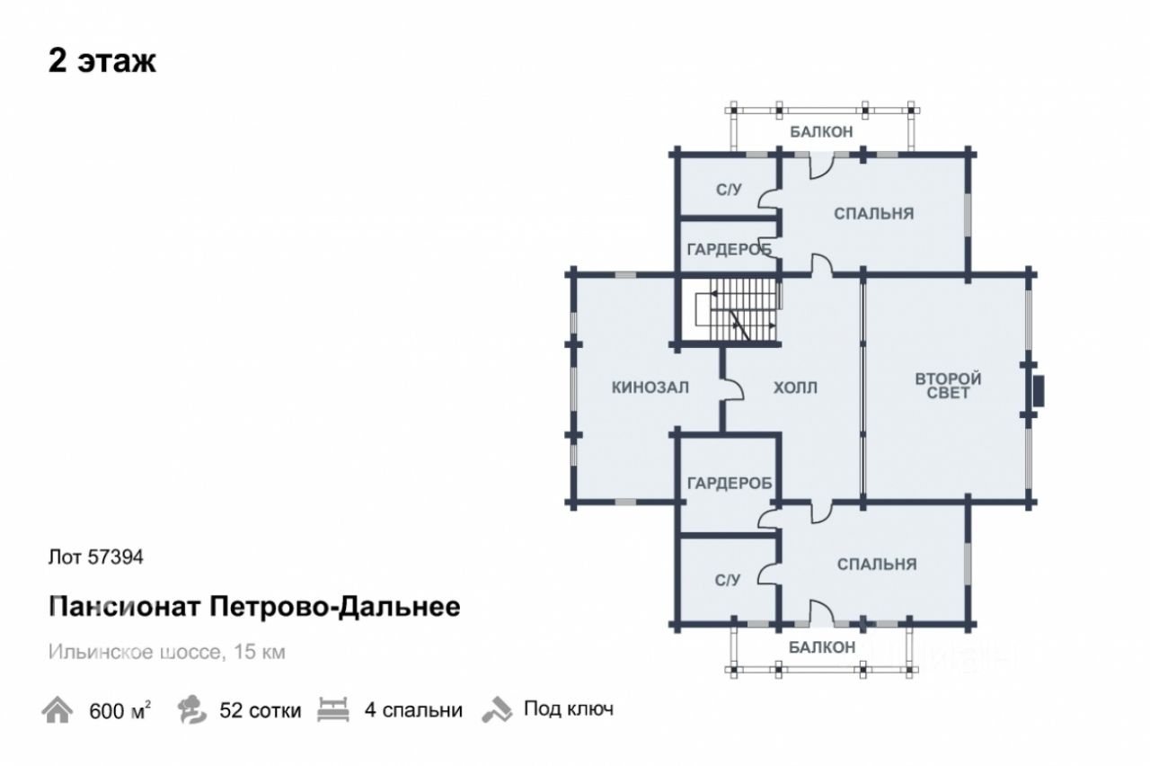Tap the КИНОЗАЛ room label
tap(650, 387)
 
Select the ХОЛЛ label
tap(795, 388)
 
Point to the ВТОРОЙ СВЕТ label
tap(948, 386)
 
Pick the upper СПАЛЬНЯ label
tap(873, 214)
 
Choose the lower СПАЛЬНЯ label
tap(876, 564)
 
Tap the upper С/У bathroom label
tap(729, 190)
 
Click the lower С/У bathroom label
tap(728, 581)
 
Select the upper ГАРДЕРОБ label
tap(729, 249)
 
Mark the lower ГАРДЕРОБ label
tap(730, 484)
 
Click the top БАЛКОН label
tap(821, 132)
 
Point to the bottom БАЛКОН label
tap(822, 646)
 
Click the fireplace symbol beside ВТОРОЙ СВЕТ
tap(1039, 390)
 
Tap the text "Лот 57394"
tap(95, 557)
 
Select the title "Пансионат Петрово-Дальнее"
tap(254, 607)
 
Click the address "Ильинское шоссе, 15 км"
tap(167, 652)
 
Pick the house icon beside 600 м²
tap(57, 710)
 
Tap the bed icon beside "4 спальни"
tap(334, 709)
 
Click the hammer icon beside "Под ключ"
tap(496, 709)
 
